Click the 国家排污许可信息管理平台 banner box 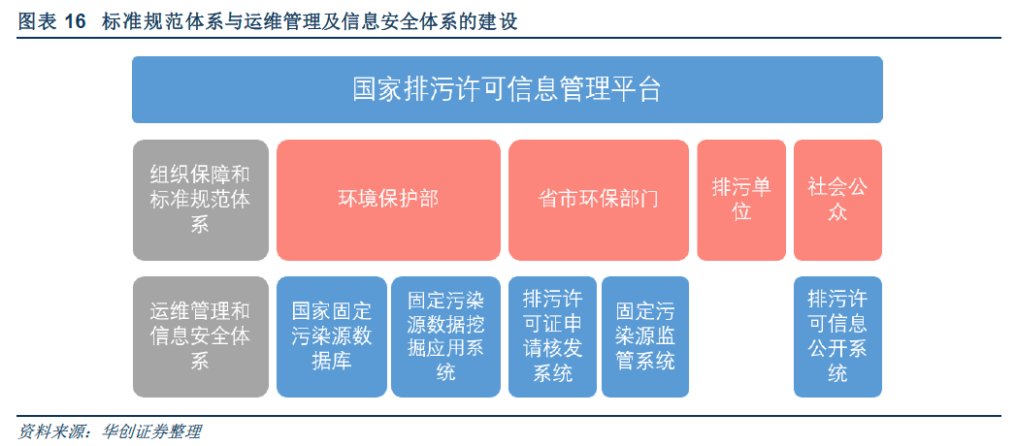[x=508, y=89]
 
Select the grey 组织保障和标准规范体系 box [x=201, y=200]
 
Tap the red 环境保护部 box [x=388, y=200]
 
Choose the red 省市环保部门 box [x=599, y=200]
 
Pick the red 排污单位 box [x=741, y=200]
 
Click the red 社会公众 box [x=837, y=200]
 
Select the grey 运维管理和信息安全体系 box [x=201, y=336]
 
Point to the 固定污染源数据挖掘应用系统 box [x=445, y=336]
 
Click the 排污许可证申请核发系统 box [x=553, y=336]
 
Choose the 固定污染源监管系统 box [x=645, y=336]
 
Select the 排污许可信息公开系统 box [x=837, y=336]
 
